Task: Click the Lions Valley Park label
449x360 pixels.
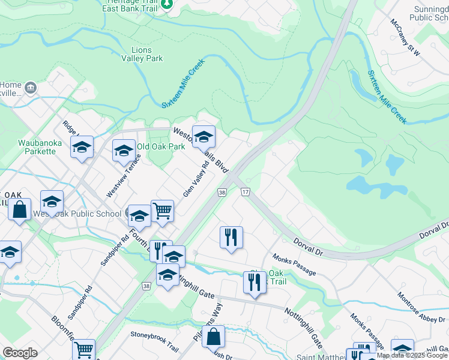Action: (x=142, y=54)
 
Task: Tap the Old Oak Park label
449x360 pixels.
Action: (x=161, y=146)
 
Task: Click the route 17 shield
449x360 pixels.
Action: (x=245, y=191)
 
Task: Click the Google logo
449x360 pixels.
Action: (x=20, y=353)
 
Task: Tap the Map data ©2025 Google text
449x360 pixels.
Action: (x=412, y=356)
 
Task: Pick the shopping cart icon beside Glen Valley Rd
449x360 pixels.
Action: (x=162, y=211)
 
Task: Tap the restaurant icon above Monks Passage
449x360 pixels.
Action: (x=231, y=238)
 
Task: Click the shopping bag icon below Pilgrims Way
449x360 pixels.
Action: (x=214, y=337)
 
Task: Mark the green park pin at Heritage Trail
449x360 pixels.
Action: (x=168, y=5)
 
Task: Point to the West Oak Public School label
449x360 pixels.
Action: (x=77, y=214)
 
